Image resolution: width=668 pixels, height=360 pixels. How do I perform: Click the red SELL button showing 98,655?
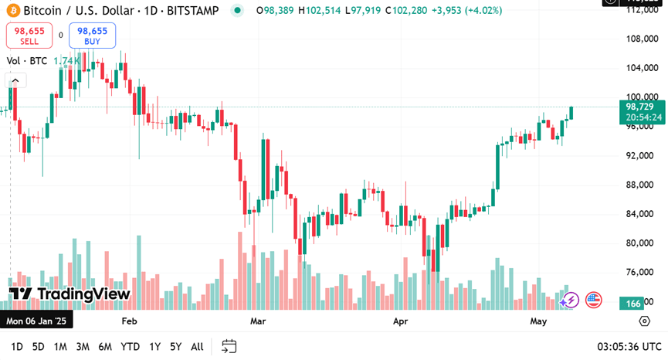click(29, 36)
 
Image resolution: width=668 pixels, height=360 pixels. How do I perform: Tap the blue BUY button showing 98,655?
click(92, 36)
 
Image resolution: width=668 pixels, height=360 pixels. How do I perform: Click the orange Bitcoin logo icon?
click(12, 11)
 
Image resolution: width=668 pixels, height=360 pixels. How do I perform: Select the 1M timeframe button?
click(60, 347)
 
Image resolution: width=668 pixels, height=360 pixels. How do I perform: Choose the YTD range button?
click(131, 347)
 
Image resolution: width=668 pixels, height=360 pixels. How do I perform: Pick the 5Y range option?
click(176, 347)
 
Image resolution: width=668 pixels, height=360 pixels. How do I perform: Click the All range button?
click(197, 347)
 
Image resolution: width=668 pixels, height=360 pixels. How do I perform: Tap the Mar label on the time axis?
click(259, 321)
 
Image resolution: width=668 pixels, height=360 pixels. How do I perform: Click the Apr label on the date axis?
click(400, 321)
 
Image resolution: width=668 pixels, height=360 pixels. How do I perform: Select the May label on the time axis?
click(538, 321)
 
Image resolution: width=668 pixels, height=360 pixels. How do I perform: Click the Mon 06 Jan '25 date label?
click(36, 321)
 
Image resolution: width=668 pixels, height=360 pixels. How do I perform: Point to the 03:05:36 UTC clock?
click(629, 347)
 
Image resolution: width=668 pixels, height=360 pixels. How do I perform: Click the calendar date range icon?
click(229, 346)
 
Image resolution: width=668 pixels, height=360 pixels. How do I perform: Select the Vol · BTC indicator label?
click(27, 61)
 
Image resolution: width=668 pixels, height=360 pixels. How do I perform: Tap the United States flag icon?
click(593, 300)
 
